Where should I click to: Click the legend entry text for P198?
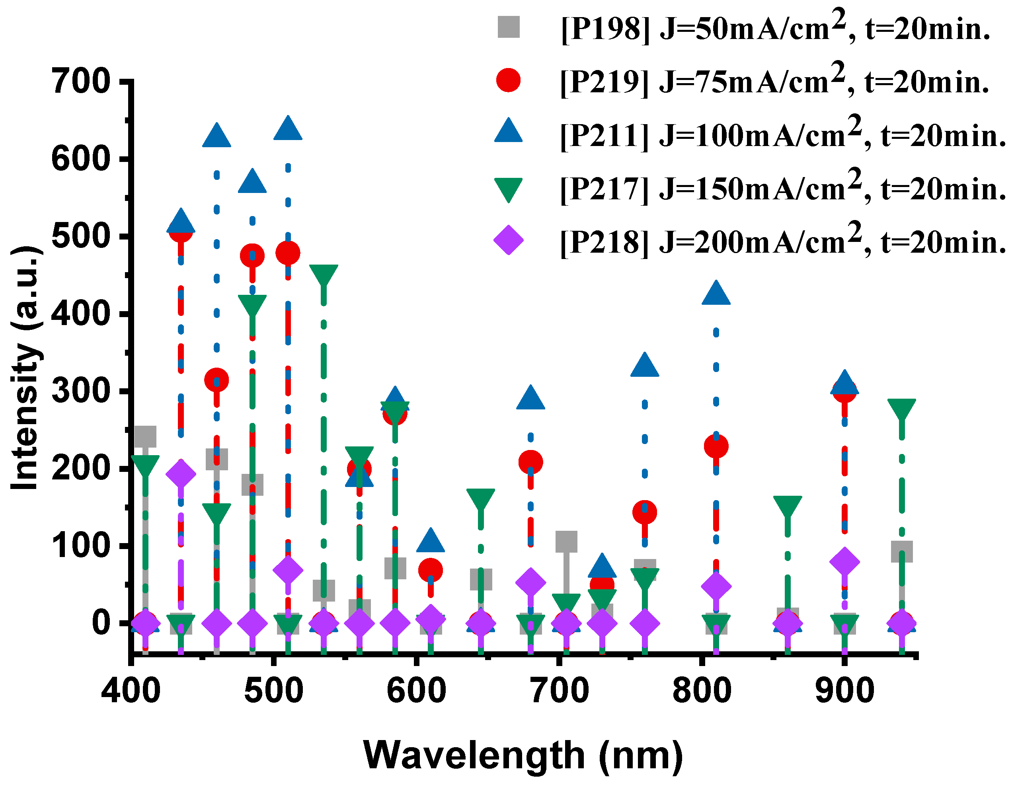click(775, 29)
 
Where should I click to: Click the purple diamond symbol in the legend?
click(509, 240)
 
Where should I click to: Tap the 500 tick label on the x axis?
click(274, 691)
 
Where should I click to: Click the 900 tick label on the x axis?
click(844, 691)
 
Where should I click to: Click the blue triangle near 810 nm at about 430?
click(716, 293)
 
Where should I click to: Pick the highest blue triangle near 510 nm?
click(288, 129)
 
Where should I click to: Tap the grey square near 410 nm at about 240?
click(145, 436)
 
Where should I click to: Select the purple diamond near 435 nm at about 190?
click(181, 474)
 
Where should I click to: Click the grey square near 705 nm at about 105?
click(566, 542)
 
